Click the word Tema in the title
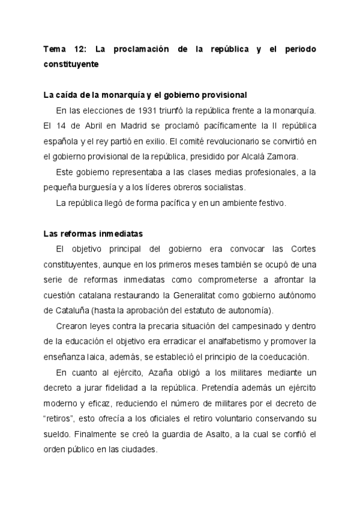[55, 49]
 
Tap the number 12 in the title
[82, 49]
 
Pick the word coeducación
[284, 357]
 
